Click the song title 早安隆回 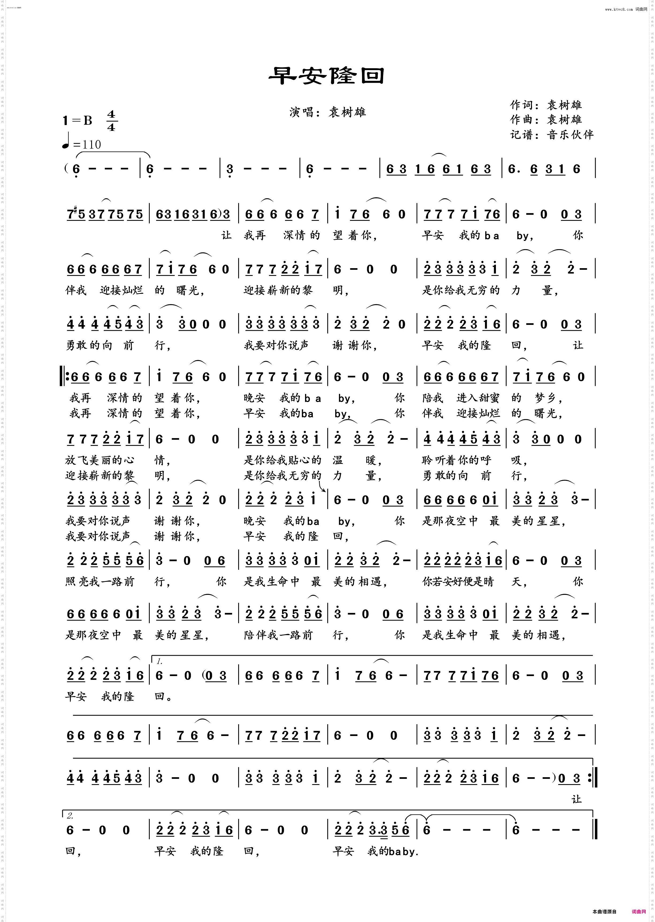[327, 75]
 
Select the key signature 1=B [78, 120]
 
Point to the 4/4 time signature [111, 121]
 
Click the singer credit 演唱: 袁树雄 [327, 112]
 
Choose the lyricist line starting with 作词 [545, 105]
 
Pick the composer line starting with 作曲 [545, 119]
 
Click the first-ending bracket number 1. [160, 661]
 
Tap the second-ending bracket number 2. [70, 816]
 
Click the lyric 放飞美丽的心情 [117, 460]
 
